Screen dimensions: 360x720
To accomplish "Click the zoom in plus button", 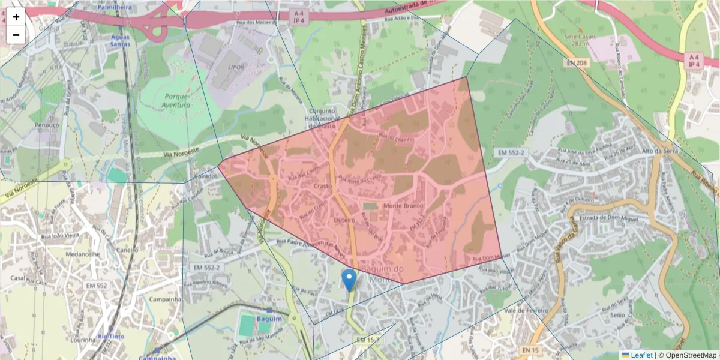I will (x=16, y=17).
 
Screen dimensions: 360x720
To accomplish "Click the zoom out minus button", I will (x=16, y=35).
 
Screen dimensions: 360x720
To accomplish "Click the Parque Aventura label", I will (x=176, y=101).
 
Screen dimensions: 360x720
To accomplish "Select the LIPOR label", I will (x=236, y=67).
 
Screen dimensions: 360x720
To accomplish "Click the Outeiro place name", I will (x=344, y=221).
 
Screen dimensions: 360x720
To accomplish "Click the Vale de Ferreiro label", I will (x=526, y=310).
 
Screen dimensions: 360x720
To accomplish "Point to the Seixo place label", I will (x=617, y=315).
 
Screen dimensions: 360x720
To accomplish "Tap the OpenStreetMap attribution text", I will (x=687, y=355).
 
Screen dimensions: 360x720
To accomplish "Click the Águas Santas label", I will (x=120, y=40).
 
